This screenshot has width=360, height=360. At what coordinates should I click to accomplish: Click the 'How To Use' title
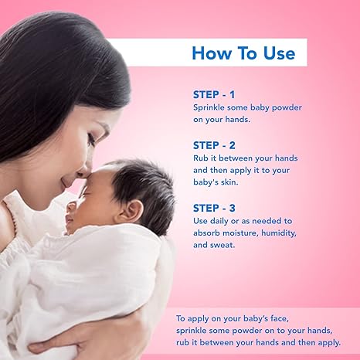(x=243, y=53)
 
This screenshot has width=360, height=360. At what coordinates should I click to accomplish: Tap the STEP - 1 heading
(x=214, y=94)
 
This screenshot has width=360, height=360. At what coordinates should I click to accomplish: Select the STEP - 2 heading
(x=214, y=144)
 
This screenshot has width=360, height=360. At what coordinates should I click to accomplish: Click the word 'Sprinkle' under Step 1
(x=212, y=107)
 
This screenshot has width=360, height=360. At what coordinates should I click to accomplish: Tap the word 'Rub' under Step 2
(x=202, y=158)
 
